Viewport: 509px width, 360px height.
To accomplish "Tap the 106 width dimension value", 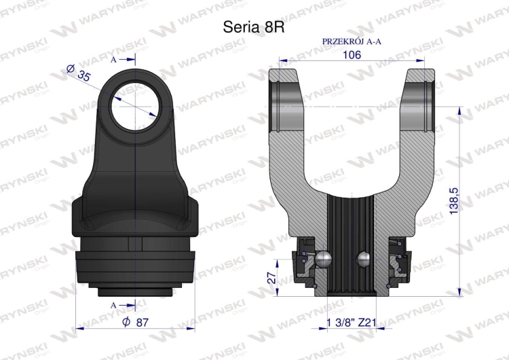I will tap(352, 55).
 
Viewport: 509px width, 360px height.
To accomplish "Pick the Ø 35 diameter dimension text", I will tap(79, 73).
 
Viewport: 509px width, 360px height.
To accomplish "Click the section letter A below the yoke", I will tap(113, 304).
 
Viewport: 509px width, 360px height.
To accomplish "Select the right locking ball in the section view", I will tap(364, 259).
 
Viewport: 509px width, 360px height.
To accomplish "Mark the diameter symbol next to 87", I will tap(128, 323).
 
